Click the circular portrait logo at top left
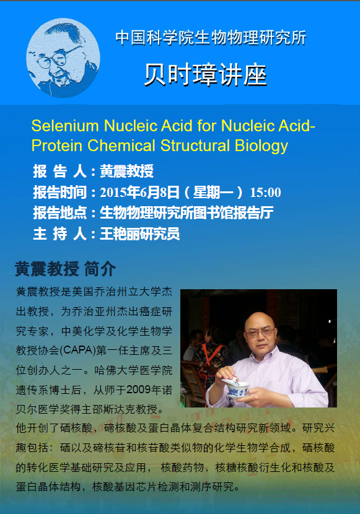click(63, 58)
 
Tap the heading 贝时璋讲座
click(206, 75)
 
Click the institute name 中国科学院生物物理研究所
click(211, 37)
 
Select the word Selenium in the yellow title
click(65, 126)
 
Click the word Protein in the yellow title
click(57, 146)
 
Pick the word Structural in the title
click(195, 146)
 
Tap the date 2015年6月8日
click(139, 192)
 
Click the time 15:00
click(266, 193)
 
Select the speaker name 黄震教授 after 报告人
click(126, 172)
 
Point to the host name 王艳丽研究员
click(139, 234)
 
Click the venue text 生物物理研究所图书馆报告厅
click(187, 213)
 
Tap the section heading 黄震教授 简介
click(65, 269)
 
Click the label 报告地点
click(60, 213)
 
